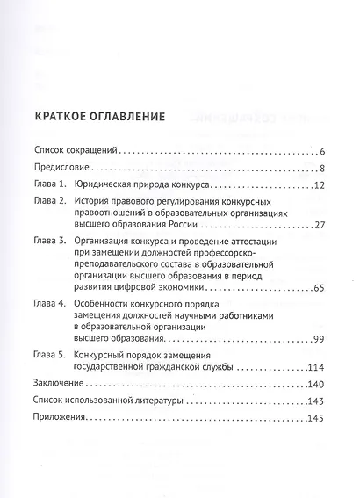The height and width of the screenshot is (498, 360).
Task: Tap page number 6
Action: (x=322, y=152)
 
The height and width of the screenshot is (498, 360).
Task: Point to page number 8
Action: (x=322, y=169)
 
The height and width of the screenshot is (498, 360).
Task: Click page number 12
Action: (x=319, y=184)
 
